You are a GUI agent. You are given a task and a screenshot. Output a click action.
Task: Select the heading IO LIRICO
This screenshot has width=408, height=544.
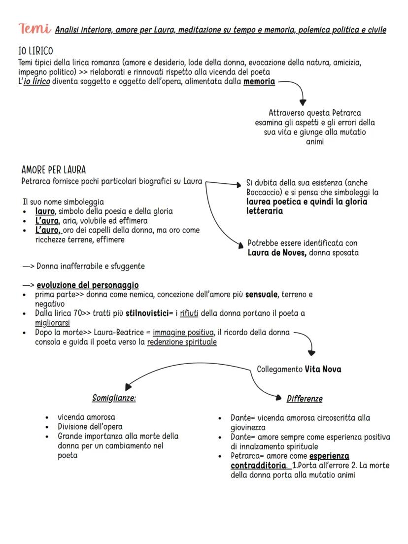click(x=35, y=51)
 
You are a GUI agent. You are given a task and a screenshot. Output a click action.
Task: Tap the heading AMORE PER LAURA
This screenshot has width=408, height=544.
click(x=54, y=170)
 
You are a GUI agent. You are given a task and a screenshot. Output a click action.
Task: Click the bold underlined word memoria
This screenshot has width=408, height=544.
click(x=259, y=81)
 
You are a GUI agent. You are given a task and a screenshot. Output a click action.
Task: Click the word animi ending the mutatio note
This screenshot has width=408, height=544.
click(x=315, y=142)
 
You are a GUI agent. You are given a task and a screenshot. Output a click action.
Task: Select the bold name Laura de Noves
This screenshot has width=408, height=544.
click(x=277, y=253)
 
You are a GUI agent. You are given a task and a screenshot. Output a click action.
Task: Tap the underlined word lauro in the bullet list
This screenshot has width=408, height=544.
click(x=45, y=211)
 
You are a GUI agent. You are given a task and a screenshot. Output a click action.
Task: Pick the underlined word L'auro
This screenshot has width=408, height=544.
click(x=47, y=230)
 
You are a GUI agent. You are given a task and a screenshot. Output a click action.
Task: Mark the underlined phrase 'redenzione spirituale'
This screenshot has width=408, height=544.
click(x=182, y=342)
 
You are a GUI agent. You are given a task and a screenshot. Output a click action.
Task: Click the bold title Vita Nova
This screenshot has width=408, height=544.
click(x=323, y=369)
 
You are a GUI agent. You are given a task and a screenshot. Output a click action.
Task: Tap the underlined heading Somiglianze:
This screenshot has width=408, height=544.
click(x=114, y=398)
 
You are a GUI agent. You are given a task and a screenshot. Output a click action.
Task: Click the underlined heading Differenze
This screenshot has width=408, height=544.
click(x=305, y=399)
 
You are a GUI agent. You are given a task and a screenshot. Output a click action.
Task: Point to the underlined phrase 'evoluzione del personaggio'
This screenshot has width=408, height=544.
click(x=88, y=285)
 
